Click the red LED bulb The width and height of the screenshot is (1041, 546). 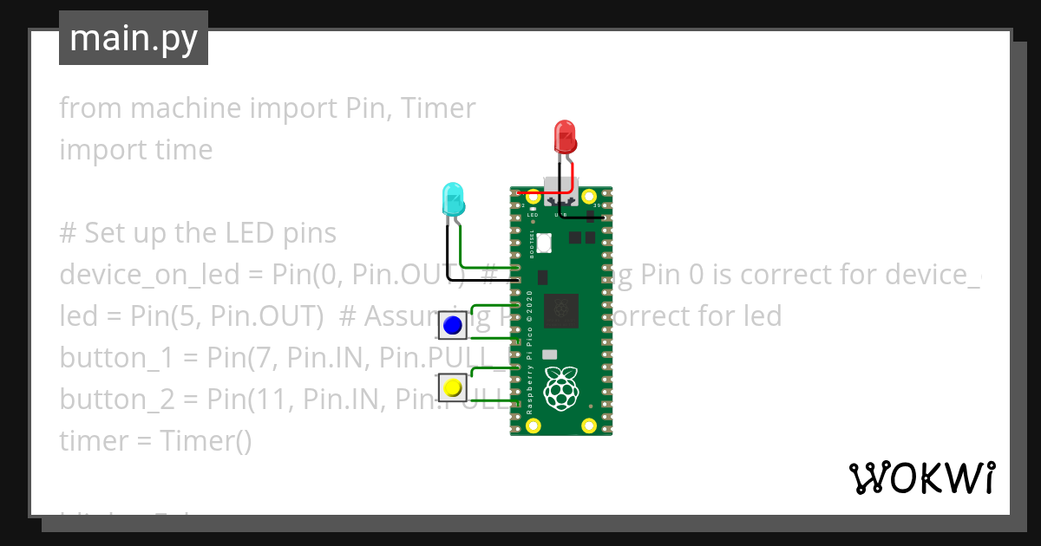[565, 137]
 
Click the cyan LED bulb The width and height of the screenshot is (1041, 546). [453, 199]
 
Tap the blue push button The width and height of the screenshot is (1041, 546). [452, 326]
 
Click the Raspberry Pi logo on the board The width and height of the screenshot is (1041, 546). [561, 388]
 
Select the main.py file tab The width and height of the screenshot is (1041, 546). [134, 38]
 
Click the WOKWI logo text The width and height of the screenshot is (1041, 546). [921, 478]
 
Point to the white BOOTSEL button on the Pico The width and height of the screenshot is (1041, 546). [544, 244]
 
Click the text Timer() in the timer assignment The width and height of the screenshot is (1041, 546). [206, 440]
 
